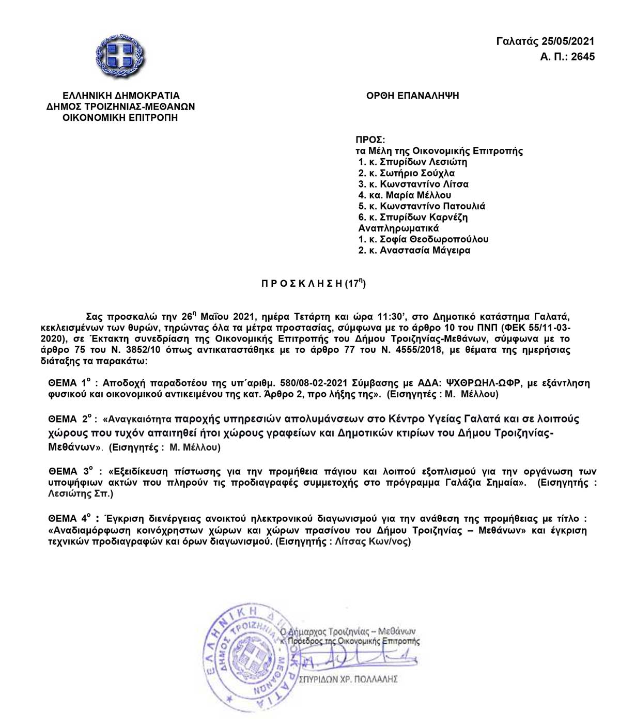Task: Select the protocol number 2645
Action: (x=583, y=56)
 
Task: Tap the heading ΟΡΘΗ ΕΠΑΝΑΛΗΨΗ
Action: (x=412, y=96)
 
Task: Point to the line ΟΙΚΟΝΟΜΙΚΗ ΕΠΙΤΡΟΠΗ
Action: (x=120, y=117)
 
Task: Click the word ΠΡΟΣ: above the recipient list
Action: (x=370, y=140)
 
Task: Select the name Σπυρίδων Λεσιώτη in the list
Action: (x=424, y=162)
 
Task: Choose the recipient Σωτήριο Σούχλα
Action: (x=417, y=173)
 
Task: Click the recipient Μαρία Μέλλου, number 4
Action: (x=415, y=195)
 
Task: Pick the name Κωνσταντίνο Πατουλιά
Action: (x=433, y=206)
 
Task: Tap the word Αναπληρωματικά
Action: (x=398, y=228)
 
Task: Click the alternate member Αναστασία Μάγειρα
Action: (x=425, y=250)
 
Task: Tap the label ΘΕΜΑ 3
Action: (x=71, y=471)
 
